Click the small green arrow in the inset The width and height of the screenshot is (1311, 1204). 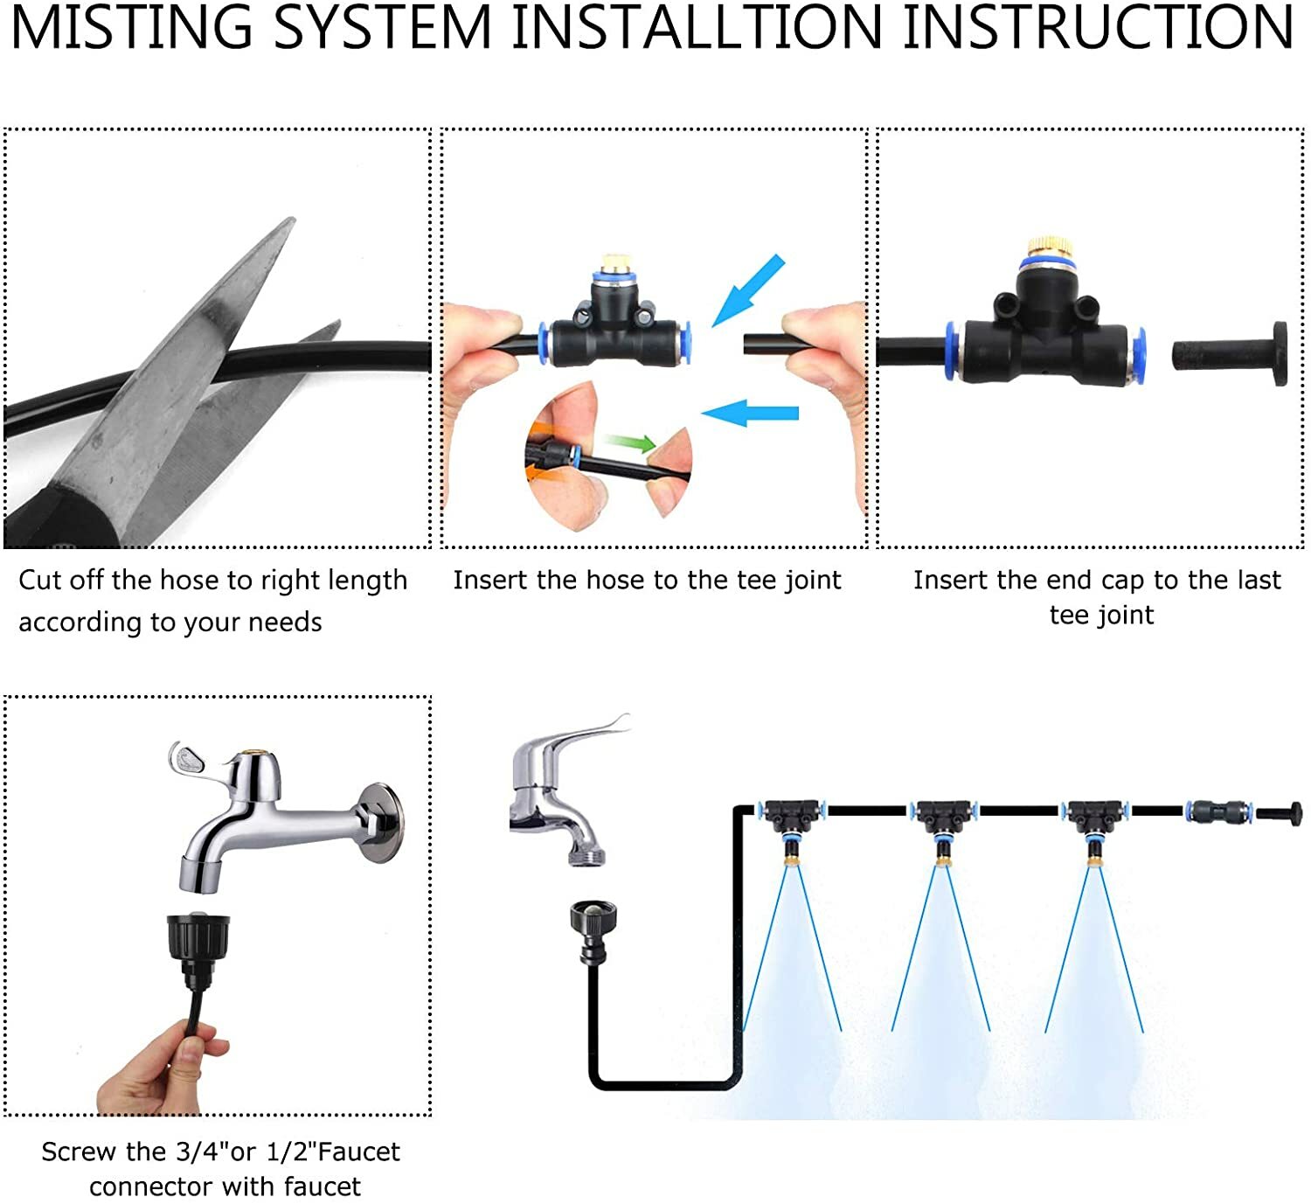tap(631, 443)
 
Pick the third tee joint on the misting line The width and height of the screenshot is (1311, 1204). tap(1092, 816)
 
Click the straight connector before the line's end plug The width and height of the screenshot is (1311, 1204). tap(1217, 811)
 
